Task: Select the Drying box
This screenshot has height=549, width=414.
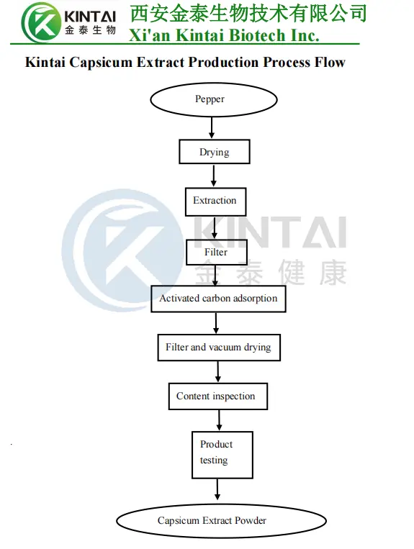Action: click(x=214, y=152)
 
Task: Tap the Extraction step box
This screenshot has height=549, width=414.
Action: click(x=215, y=201)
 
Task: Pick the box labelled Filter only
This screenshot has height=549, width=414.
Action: click(x=216, y=252)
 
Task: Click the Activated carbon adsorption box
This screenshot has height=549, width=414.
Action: click(x=218, y=299)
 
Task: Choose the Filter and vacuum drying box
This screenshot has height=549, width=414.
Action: click(x=218, y=348)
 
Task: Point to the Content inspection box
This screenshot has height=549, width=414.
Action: click(x=217, y=396)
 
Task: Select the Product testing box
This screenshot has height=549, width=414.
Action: click(x=222, y=453)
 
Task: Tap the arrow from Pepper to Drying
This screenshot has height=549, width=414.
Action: click(x=212, y=128)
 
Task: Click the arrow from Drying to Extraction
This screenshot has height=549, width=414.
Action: click(x=214, y=176)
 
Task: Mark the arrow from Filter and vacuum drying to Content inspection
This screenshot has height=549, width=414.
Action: click(x=218, y=371)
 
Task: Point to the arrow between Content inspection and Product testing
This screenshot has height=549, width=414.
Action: click(x=218, y=420)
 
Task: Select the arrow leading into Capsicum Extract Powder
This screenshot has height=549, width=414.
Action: click(x=217, y=491)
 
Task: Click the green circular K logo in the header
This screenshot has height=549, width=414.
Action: click(x=40, y=22)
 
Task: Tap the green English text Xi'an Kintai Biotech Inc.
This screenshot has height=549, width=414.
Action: click(x=223, y=35)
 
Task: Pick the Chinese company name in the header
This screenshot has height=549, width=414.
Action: click(x=248, y=13)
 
